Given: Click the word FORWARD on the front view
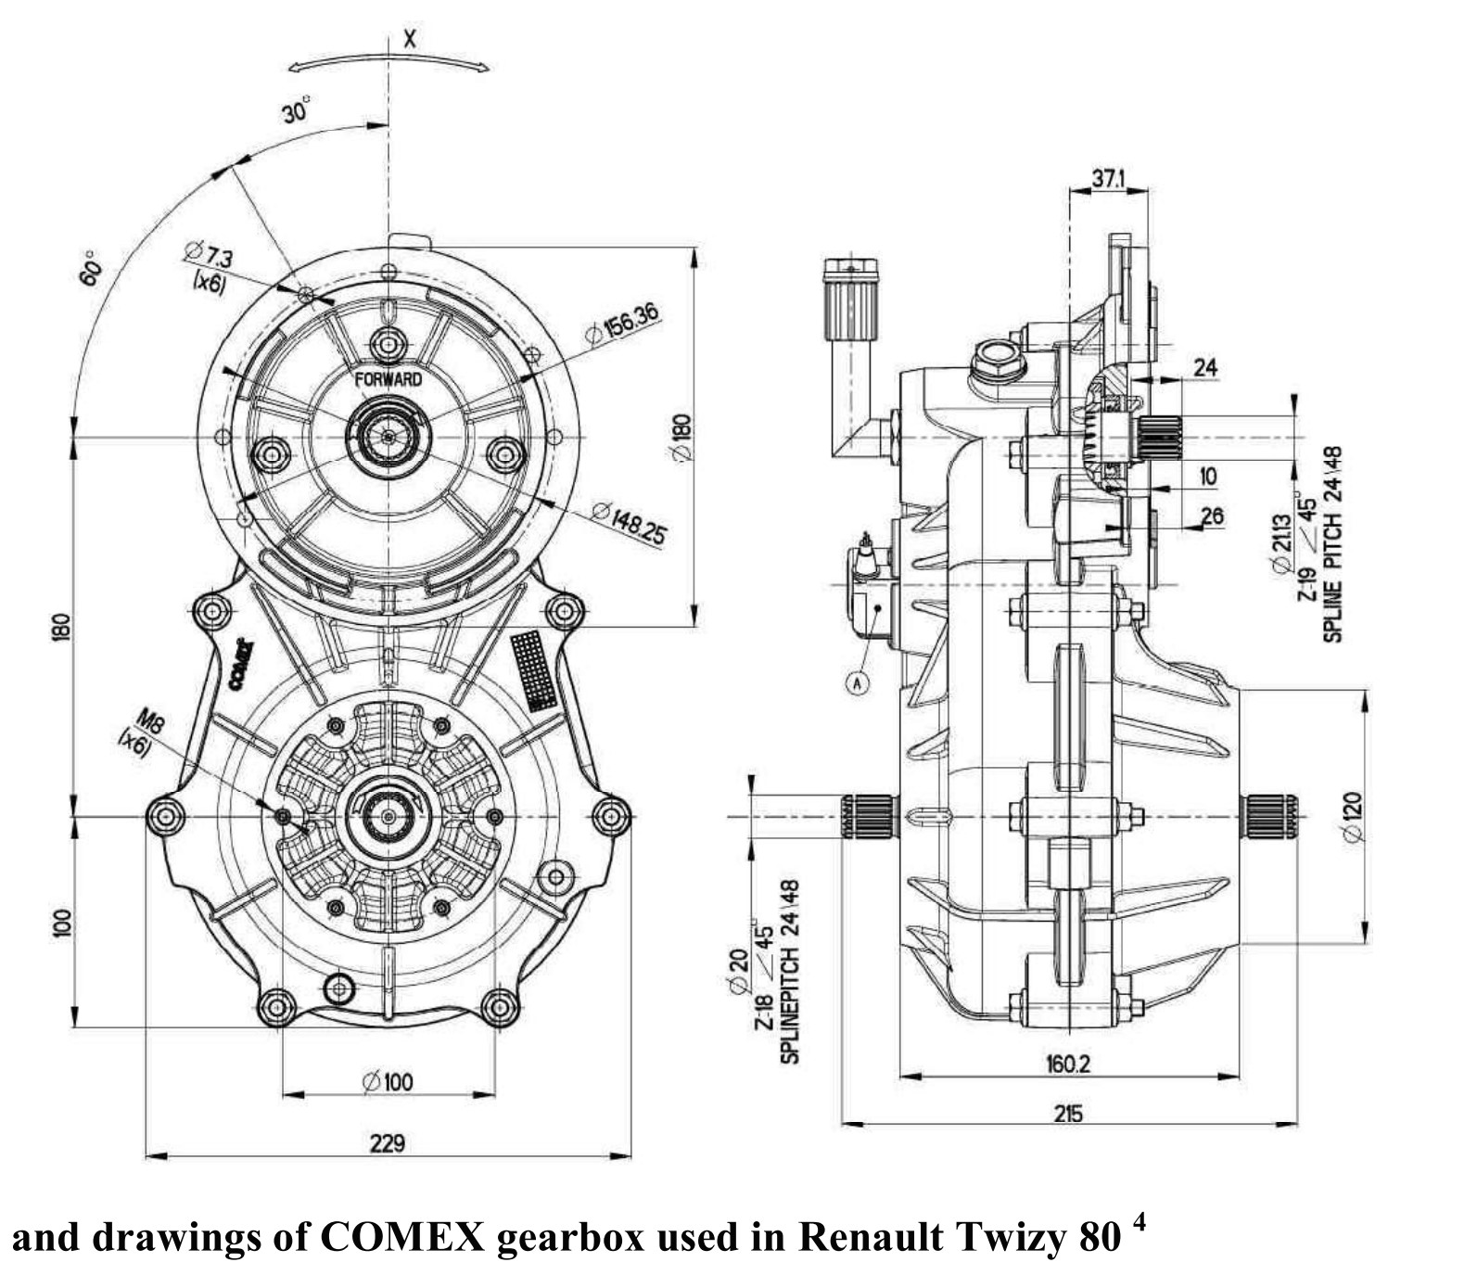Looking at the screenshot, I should coord(388,379).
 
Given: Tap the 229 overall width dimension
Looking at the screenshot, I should coord(387,1142).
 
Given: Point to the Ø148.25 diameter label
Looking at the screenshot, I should coord(629,524).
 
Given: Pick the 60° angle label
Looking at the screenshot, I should coord(91,268).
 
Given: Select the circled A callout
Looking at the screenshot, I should coord(859,682).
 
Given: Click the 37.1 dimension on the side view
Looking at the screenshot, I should coord(1108,178).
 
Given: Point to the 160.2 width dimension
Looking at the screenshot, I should coord(1068,1063).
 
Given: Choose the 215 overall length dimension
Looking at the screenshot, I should coord(1068,1112).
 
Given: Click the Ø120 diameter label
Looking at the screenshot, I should coord(1353,816).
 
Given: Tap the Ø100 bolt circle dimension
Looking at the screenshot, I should coord(388,1081).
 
